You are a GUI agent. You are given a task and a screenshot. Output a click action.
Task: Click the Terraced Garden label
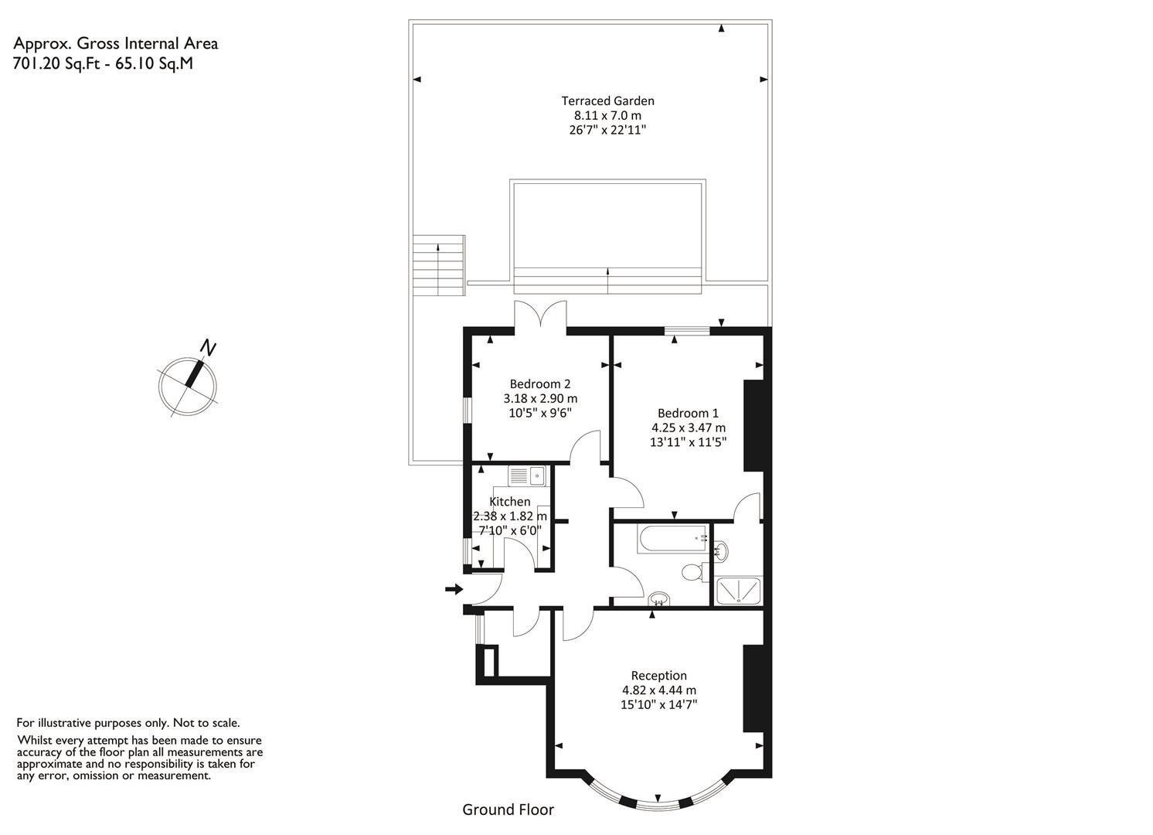coord(607,101)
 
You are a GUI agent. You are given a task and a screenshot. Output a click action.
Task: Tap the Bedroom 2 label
coord(540,383)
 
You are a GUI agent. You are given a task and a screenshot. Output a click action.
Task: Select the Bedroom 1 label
coord(688,413)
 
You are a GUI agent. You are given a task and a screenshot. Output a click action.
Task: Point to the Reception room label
coord(659,675)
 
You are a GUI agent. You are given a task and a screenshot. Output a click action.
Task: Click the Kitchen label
coord(509,501)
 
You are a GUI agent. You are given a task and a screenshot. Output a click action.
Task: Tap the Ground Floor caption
coord(508,809)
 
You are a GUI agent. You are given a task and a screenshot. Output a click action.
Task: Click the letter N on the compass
coord(208,348)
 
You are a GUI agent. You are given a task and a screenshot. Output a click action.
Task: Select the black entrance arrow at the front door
coord(454,589)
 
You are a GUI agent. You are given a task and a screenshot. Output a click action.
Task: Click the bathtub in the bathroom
coord(672,540)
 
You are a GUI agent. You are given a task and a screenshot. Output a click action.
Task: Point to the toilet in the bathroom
coord(695,571)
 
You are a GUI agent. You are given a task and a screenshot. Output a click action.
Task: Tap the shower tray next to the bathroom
coord(739,591)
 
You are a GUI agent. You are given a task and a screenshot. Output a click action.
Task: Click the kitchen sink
coord(527,475)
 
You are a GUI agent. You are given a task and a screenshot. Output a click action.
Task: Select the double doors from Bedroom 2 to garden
coord(540,314)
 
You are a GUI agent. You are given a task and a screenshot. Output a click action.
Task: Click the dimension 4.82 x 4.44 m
coord(659,690)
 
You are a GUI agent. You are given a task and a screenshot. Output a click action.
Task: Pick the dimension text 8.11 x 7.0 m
coord(607,115)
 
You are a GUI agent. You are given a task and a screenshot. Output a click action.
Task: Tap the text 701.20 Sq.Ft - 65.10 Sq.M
coord(103,63)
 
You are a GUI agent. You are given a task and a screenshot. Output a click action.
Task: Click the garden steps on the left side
coord(438,265)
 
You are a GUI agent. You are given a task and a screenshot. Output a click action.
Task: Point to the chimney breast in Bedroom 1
coord(753,425)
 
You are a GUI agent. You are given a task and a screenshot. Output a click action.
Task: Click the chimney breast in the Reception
coord(753,687)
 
